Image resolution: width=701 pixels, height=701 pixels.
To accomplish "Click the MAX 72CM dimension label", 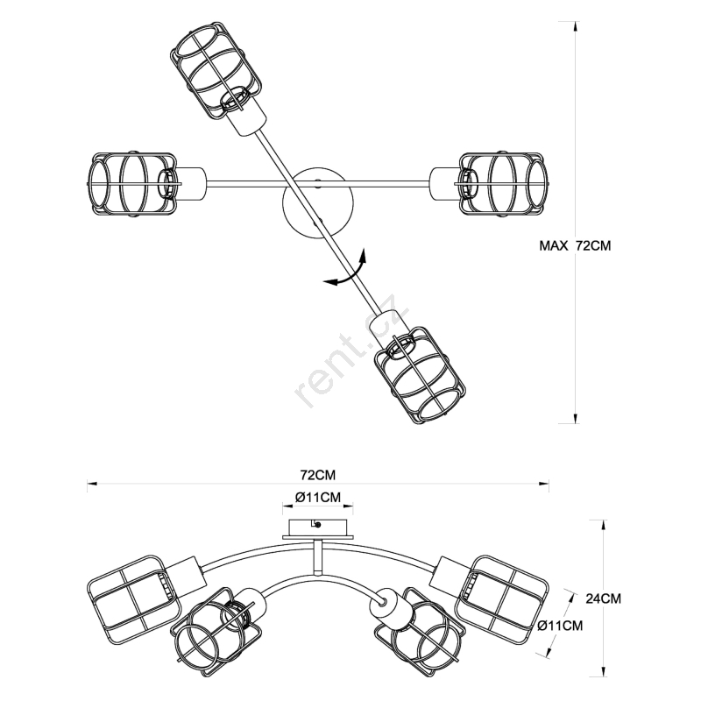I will tap(574, 246).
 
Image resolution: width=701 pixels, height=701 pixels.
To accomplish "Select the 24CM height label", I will tap(604, 599).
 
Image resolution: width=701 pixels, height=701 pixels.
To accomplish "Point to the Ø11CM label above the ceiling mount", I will tap(318, 498).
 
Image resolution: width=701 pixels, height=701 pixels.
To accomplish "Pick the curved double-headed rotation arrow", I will tap(346, 269).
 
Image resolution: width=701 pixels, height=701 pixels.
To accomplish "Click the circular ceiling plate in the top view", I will tap(317, 202).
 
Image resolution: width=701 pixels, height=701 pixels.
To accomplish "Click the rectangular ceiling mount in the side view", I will tap(318, 526).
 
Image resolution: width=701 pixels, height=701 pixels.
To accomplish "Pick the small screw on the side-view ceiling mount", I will tap(318, 525).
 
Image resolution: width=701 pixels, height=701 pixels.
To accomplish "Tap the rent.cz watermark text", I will tap(347, 350).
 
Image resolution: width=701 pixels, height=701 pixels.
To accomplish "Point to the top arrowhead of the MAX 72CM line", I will tap(575, 26).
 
